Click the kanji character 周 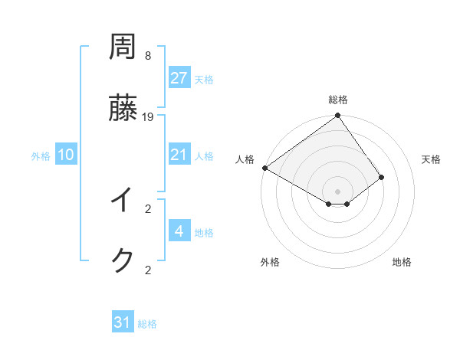tap(123, 47)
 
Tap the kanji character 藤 tap(123, 108)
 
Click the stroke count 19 tap(148, 116)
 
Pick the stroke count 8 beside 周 tap(148, 56)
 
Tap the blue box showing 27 tap(179, 78)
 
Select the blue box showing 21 tap(179, 155)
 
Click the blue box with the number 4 tap(179, 231)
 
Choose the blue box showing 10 tap(66, 155)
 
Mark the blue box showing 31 tap(123, 322)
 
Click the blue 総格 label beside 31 tap(147, 324)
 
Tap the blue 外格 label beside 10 tap(41, 156)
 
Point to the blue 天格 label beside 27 tap(204, 80)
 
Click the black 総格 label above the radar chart tap(338, 100)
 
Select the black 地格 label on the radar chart tap(402, 262)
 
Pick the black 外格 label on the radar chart tap(270, 262)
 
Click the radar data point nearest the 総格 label tap(337, 116)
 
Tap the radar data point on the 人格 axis tap(264, 168)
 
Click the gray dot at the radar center tap(337, 191)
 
